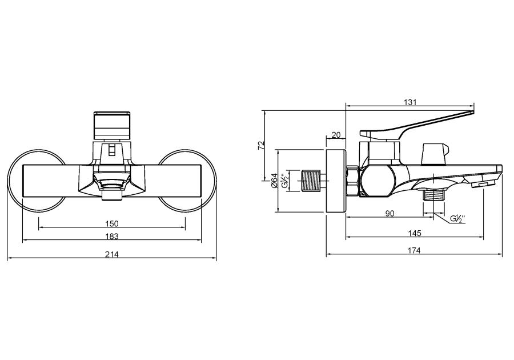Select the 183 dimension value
coord(112,236)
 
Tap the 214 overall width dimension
coord(112,254)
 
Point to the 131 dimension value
coord(410,102)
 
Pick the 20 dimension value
coord(335,135)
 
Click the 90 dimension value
coord(390,214)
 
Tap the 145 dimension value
coord(415,233)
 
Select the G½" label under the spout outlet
coord(457,219)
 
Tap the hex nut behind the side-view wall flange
coord(353,181)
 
